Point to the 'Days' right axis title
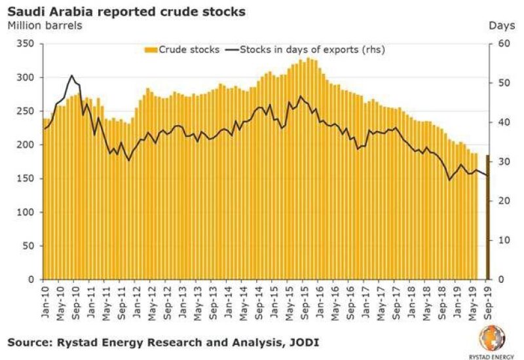pyautogui.click(x=501, y=26)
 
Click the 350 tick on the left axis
pyautogui.click(x=28, y=44)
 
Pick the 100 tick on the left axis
pyautogui.click(x=28, y=213)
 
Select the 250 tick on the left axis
pyautogui.click(x=28, y=111)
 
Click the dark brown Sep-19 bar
pyautogui.click(x=487, y=216)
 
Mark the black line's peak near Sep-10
pyautogui.click(x=71, y=75)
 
